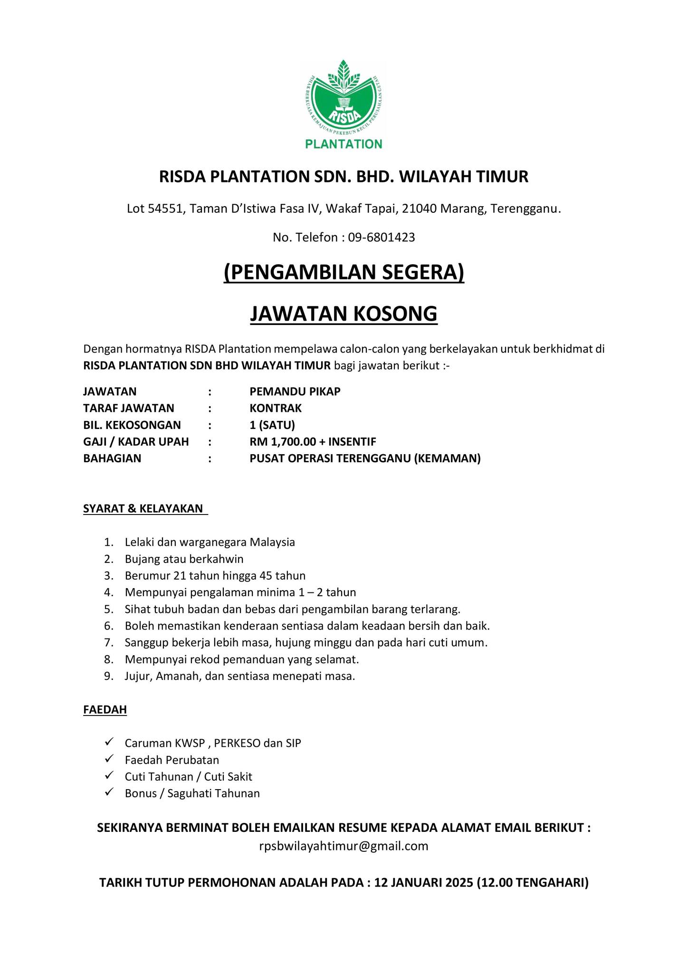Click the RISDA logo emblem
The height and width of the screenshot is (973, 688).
[344, 98]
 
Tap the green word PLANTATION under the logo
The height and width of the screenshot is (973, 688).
[344, 144]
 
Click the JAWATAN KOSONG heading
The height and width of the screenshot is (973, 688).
[344, 314]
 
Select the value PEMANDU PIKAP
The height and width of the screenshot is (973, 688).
[295, 391]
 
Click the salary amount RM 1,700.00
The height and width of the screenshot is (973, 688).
[283, 442]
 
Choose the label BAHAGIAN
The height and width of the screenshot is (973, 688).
[112, 458]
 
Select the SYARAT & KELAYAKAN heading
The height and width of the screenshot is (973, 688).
[143, 508]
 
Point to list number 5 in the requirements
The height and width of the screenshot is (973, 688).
[109, 609]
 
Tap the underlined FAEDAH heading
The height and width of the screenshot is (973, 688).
[105, 710]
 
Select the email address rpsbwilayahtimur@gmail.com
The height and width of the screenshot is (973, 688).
[344, 846]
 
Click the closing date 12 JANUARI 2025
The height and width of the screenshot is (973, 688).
[424, 883]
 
